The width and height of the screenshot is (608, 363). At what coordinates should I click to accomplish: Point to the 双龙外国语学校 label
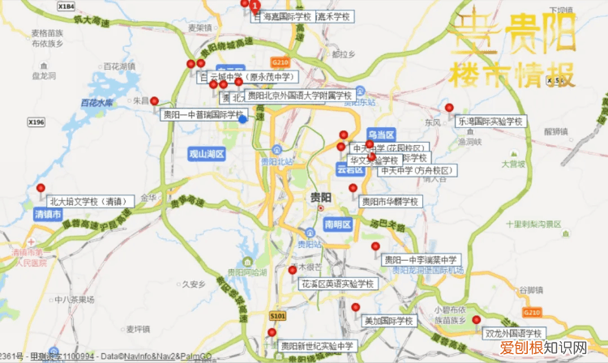pos(514,333)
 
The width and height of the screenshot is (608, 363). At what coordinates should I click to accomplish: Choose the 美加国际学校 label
pos(388,321)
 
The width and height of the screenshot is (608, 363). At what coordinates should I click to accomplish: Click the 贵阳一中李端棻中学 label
pos(422,259)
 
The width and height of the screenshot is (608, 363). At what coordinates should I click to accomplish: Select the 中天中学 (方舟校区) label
pos(417,170)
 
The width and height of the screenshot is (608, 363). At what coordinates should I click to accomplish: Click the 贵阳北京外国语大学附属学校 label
pos(300,95)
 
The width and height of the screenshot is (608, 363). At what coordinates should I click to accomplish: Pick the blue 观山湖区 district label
pos(205,154)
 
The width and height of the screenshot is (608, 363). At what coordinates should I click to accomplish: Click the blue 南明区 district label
pos(336,224)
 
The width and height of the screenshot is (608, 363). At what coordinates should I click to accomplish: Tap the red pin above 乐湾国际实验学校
pos(449,107)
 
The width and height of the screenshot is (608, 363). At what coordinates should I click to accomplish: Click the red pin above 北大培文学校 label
pos(41,188)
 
